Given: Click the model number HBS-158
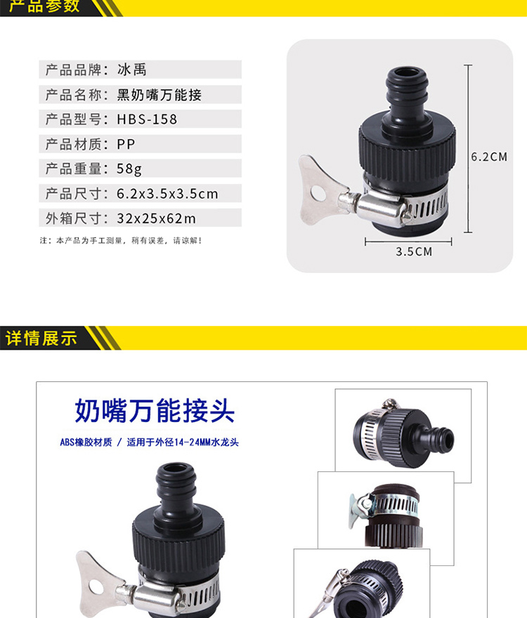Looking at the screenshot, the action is point(147,119).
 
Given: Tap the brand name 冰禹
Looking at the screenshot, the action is point(132,70).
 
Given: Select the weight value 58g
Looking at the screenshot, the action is point(129,169).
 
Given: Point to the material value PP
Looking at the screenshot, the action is point(126,144).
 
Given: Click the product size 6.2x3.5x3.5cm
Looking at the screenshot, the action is point(167,194).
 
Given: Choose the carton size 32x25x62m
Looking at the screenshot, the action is point(156,218).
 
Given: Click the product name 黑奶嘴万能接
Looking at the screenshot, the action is point(160,95).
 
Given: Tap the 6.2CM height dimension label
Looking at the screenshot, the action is point(489,157).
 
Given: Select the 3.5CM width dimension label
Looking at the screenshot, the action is point(414,252).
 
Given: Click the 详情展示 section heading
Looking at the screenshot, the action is point(41,338).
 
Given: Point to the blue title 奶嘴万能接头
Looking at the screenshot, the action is point(155,411).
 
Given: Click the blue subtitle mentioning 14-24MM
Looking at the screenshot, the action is point(149,442).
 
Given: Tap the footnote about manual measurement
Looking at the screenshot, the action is point(121,240).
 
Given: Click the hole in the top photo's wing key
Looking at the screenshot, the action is point(318,192).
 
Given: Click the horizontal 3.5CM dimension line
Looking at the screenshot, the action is point(408,241).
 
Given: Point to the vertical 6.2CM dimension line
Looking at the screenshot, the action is point(468,149).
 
